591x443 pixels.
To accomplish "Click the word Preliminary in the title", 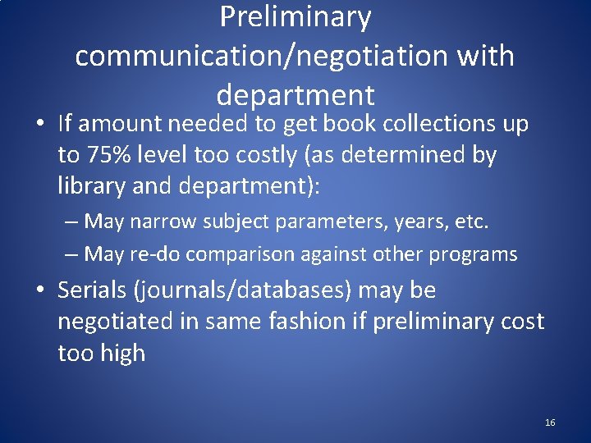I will coord(295,16).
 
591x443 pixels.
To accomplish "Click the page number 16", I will coord(550,422).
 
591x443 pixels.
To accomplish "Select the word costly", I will coord(264,156).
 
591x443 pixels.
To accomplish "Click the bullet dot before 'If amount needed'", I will coord(40,125).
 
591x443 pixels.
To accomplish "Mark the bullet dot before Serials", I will coord(40,291).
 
